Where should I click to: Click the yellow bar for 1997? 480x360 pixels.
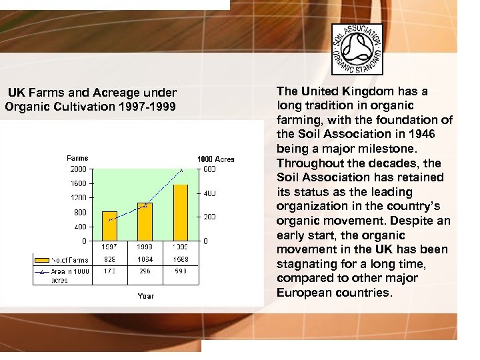tap(109, 226)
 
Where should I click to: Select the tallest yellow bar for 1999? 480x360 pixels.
tap(181, 213)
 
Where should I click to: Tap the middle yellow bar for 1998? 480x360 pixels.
tap(145, 221)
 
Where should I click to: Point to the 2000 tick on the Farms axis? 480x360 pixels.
tap(79, 169)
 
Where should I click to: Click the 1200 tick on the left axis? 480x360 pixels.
tap(79, 198)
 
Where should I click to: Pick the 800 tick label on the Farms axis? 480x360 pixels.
tap(80, 212)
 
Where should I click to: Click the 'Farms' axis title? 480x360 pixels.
tap(77, 158)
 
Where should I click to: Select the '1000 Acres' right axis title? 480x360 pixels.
tap(215, 159)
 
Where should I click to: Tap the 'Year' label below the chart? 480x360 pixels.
tap(145, 295)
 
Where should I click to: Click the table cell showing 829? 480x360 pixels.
tap(109, 260)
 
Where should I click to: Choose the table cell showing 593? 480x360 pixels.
tap(181, 271)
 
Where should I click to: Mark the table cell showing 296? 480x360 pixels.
tap(145, 271)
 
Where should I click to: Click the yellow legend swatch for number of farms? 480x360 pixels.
tap(42, 260)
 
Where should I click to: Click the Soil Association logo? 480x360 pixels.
tap(358, 49)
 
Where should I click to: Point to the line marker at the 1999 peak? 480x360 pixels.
tap(181, 171)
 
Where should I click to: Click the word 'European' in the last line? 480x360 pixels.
tap(305, 293)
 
